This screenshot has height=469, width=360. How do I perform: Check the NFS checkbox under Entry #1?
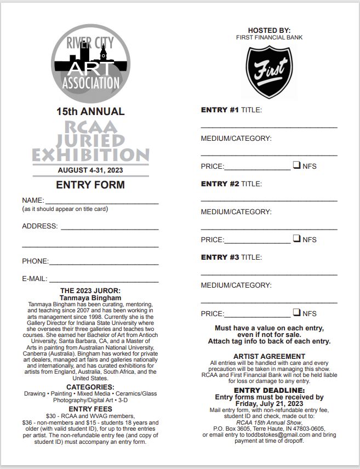pos(296,164)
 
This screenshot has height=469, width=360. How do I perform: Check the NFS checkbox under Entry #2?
pos(296,238)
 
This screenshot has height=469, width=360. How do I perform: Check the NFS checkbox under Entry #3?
pos(296,312)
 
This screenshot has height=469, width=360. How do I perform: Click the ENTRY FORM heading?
pos(90,185)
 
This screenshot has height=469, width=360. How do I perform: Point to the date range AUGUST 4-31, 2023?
pos(90,170)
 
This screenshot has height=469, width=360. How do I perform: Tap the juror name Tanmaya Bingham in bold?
pos(90,298)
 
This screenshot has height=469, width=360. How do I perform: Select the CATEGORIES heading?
pos(90,387)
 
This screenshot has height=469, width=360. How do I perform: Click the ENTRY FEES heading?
pos(90,409)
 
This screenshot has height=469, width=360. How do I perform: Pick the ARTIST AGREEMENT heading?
pos(269,357)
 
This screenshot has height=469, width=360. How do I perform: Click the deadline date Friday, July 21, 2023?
pos(269,404)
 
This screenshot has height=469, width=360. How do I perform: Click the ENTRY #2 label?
pos(220,184)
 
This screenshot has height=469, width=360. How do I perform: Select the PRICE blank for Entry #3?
pos(257,314)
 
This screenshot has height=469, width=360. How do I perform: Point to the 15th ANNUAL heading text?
pos(90,111)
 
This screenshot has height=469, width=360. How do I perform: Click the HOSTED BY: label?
pos(269,30)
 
